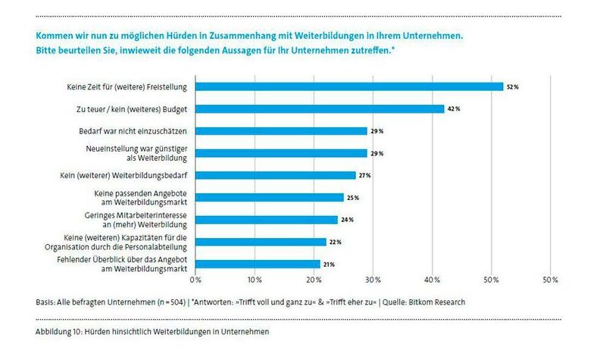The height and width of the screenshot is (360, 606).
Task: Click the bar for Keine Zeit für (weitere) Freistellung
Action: click(349, 86)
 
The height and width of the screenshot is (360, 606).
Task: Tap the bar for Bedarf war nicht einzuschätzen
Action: click(281, 131)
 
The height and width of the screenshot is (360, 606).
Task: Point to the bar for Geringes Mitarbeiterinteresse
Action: click(267, 220)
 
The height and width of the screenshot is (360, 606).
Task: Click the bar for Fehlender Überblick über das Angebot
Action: click(258, 264)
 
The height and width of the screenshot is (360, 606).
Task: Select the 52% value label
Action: click(513, 87)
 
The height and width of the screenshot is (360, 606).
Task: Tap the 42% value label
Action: click(454, 109)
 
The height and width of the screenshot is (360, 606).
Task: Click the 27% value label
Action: click(365, 176)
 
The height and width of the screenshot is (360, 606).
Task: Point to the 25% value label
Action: click(353, 198)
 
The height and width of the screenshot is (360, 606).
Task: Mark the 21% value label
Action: click(330, 265)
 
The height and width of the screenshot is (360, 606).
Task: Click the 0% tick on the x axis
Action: click(195, 280)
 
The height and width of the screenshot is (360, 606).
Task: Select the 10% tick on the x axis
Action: click(255, 280)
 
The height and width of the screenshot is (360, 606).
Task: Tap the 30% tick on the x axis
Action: click(373, 280)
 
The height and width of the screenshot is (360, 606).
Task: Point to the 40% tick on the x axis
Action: click(432, 280)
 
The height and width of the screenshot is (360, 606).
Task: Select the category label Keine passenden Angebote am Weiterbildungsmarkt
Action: click(142, 198)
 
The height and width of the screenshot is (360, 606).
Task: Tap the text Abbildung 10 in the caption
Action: click(59, 332)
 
